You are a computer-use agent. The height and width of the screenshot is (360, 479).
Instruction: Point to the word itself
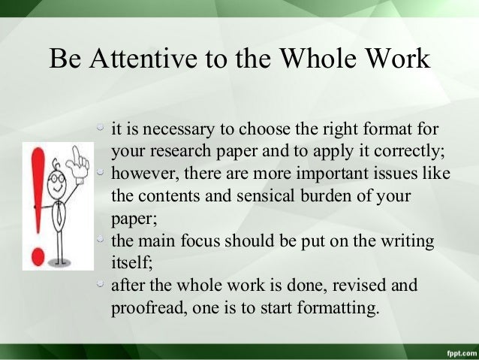click(129, 265)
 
